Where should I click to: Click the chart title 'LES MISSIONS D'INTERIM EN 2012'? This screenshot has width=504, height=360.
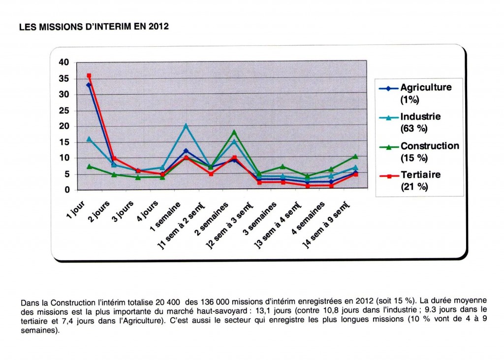pos(94,27)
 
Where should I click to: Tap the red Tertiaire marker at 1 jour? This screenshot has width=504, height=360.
pos(89,76)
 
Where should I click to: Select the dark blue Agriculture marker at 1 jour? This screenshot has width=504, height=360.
pos(89,85)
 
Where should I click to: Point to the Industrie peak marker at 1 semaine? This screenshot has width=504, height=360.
pos(186,126)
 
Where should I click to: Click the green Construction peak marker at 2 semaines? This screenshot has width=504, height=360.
pos(234,132)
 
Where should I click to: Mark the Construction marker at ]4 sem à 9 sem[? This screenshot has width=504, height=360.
pos(355,156)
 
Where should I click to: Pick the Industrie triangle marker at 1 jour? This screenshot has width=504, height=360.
pos(89,139)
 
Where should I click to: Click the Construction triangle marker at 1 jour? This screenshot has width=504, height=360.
pos(90,166)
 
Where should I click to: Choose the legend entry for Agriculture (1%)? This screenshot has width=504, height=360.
pos(415,93)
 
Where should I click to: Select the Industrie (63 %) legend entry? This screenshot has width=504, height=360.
pos(410,122)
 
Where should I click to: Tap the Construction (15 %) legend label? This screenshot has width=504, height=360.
pos(419,152)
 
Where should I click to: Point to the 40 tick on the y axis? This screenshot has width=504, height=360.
pos(64,63)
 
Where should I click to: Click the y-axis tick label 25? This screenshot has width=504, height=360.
pos(64,111)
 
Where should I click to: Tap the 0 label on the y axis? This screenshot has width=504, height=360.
pos(67,190)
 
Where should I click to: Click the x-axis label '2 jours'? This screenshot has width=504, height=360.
pos(99,211)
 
